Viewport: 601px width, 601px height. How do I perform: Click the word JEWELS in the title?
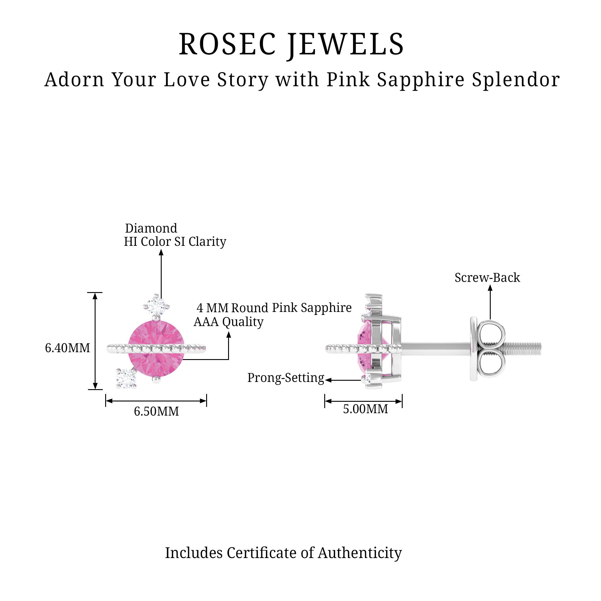click(346, 44)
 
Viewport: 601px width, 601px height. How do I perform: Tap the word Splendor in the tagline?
click(516, 80)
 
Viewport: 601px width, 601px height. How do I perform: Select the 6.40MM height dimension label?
click(68, 348)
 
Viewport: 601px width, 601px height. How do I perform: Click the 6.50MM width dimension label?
click(157, 411)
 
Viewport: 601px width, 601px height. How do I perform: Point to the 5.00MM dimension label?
click(365, 409)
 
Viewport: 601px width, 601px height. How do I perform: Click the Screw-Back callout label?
click(487, 277)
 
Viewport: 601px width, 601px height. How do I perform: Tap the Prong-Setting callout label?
click(285, 378)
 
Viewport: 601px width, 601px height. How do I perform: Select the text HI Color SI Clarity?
click(175, 241)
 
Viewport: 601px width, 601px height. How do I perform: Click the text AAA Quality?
click(229, 322)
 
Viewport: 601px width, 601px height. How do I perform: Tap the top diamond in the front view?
click(157, 306)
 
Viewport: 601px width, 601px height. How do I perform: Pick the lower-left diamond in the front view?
click(126, 378)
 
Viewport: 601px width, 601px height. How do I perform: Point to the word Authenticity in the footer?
click(360, 553)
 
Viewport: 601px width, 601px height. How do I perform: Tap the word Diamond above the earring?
click(151, 228)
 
